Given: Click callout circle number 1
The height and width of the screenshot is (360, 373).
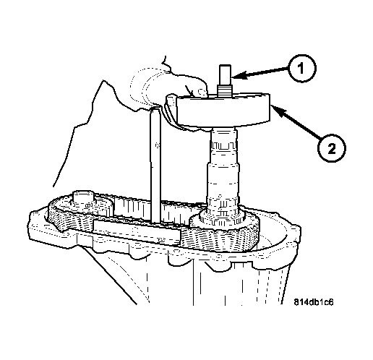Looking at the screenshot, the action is pos(302,69).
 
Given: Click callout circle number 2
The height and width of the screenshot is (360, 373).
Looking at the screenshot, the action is pos(332,148).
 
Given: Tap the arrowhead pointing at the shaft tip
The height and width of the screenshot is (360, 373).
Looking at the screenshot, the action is pos(236,75).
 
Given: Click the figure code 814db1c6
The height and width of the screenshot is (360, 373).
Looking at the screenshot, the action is pos(314,302).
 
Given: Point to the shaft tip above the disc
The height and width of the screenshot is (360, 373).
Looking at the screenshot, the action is pos(225,74).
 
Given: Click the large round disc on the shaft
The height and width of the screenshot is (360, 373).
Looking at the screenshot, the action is pos(223,111).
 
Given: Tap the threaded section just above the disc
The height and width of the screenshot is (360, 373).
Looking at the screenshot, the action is pos(225,90).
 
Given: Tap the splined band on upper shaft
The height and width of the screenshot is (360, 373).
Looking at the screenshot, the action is pos(223,145).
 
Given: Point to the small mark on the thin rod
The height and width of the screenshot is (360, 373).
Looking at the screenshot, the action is pos(158,145).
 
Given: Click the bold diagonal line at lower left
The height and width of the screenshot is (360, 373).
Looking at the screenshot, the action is pos(110,275).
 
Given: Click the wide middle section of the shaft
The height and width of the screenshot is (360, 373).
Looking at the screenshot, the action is pos(223,181).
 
